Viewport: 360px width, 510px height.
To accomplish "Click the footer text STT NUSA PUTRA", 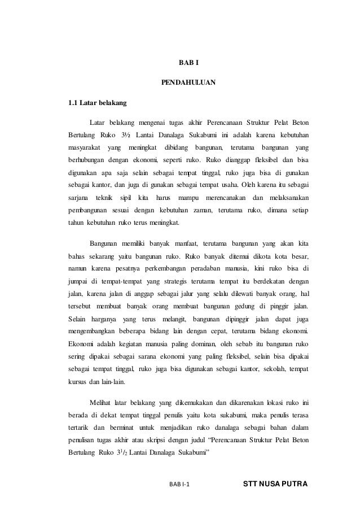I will click(x=274, y=484).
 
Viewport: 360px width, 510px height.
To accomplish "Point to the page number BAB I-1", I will click(x=180, y=485).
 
